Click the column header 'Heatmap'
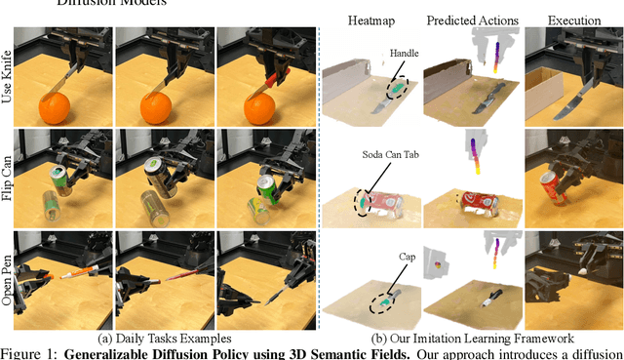(x=371, y=20)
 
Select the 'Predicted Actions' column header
(x=472, y=20)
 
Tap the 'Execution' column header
(x=574, y=20)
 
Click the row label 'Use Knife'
(x=7, y=76)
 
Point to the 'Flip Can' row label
(x=7, y=178)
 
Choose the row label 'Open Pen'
(x=7, y=280)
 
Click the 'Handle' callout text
(x=404, y=53)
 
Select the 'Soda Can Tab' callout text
(x=390, y=154)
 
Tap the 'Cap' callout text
(x=408, y=257)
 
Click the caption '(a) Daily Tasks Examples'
(x=165, y=339)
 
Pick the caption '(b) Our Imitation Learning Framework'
(x=472, y=339)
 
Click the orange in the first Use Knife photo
(x=55, y=108)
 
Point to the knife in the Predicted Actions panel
(x=488, y=99)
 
